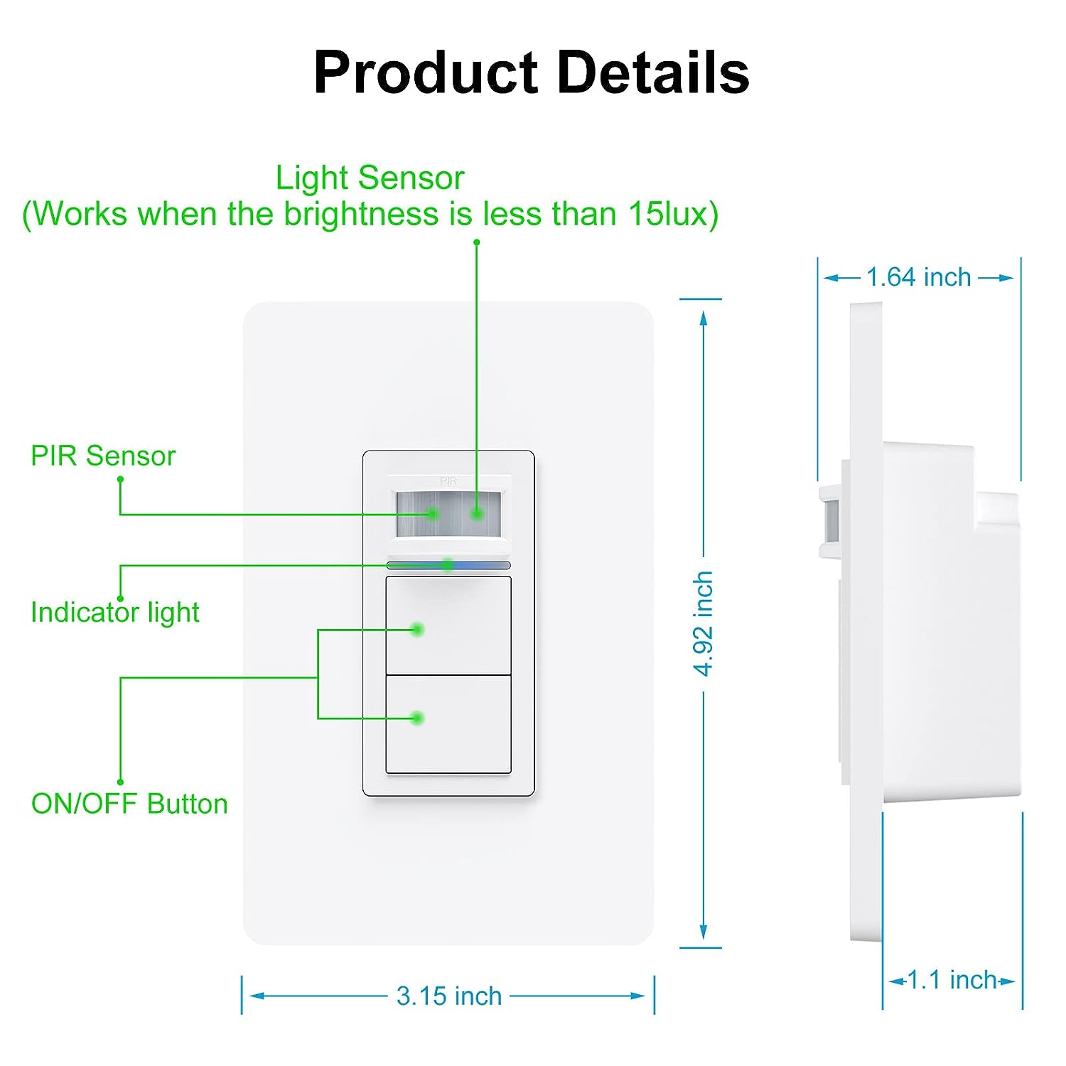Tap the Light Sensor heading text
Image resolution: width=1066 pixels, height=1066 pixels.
pos(370,178)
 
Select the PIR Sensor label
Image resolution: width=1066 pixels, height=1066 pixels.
pos(103,456)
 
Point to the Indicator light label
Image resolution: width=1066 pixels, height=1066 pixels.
pos(115,612)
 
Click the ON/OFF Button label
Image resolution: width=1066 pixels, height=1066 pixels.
pos(129,804)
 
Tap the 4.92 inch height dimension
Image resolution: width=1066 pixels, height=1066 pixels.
pos(703,623)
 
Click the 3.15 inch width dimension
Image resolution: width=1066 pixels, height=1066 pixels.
pos(449,996)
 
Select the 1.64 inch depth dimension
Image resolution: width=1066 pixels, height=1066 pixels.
pos(918,277)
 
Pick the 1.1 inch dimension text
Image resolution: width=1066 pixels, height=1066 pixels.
pos(952,980)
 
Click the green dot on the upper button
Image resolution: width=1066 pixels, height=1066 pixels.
pos(418,629)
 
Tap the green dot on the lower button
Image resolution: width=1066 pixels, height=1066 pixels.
pos(418,718)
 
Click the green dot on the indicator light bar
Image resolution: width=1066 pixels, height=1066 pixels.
pos(448,565)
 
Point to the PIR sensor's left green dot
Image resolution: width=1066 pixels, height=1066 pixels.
pos(432,514)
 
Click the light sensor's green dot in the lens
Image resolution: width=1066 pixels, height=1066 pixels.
pos(477,513)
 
